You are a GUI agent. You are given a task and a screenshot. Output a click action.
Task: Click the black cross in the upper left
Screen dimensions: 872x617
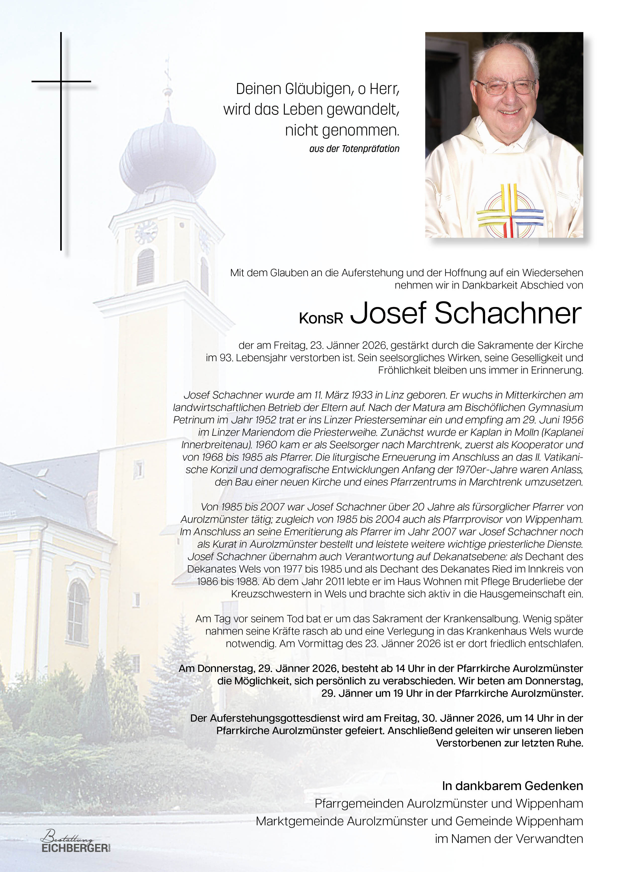click(x=61, y=140)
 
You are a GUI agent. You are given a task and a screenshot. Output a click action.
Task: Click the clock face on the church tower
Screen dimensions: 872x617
click(x=146, y=232)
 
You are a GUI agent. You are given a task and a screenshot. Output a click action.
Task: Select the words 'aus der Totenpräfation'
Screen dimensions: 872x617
click(x=354, y=149)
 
